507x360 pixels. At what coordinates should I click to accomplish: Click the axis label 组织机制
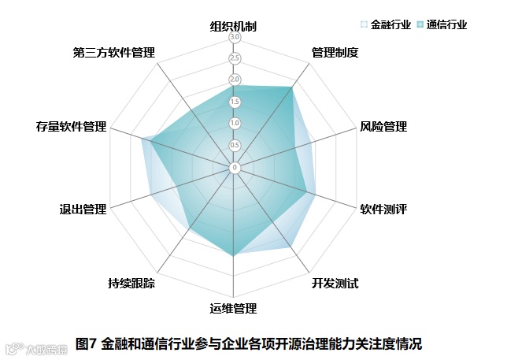coord(234,26)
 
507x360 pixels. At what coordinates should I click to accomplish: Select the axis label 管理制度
coord(335,54)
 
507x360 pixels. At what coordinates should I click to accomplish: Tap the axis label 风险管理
coord(383,126)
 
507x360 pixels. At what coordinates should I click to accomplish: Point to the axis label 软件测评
coord(383,210)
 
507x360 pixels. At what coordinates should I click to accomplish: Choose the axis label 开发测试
coord(335,283)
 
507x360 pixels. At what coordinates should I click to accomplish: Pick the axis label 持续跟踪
coord(132,283)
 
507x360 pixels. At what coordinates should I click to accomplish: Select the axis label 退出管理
coord(83,210)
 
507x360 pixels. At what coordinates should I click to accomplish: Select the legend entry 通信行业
coord(447,25)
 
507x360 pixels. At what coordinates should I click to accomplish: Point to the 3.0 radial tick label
coord(235,37)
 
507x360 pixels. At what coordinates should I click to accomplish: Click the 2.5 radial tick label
coord(235,58)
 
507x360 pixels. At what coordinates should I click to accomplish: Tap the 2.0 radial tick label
coord(235,80)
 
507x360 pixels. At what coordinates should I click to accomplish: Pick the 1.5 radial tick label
coord(235,102)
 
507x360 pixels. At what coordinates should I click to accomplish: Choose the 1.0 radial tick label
coord(235,124)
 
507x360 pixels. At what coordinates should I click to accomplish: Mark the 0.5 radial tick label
coord(235,145)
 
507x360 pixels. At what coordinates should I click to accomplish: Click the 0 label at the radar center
coord(235,167)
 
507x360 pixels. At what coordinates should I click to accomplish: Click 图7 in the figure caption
coord(86,343)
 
